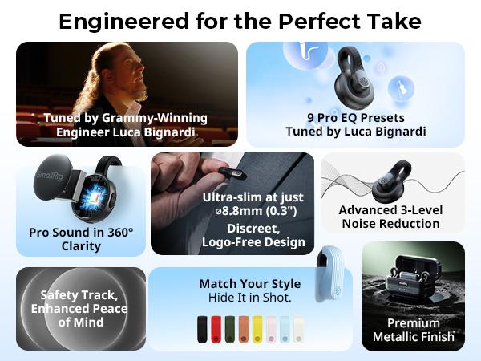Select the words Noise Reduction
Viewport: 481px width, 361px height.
392,224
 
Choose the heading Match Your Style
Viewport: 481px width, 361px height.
250,283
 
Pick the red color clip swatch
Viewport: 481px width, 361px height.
216,328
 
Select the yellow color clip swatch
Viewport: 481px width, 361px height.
257,328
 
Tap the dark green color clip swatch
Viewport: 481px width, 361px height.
229,328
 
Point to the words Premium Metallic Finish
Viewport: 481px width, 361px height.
413,330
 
